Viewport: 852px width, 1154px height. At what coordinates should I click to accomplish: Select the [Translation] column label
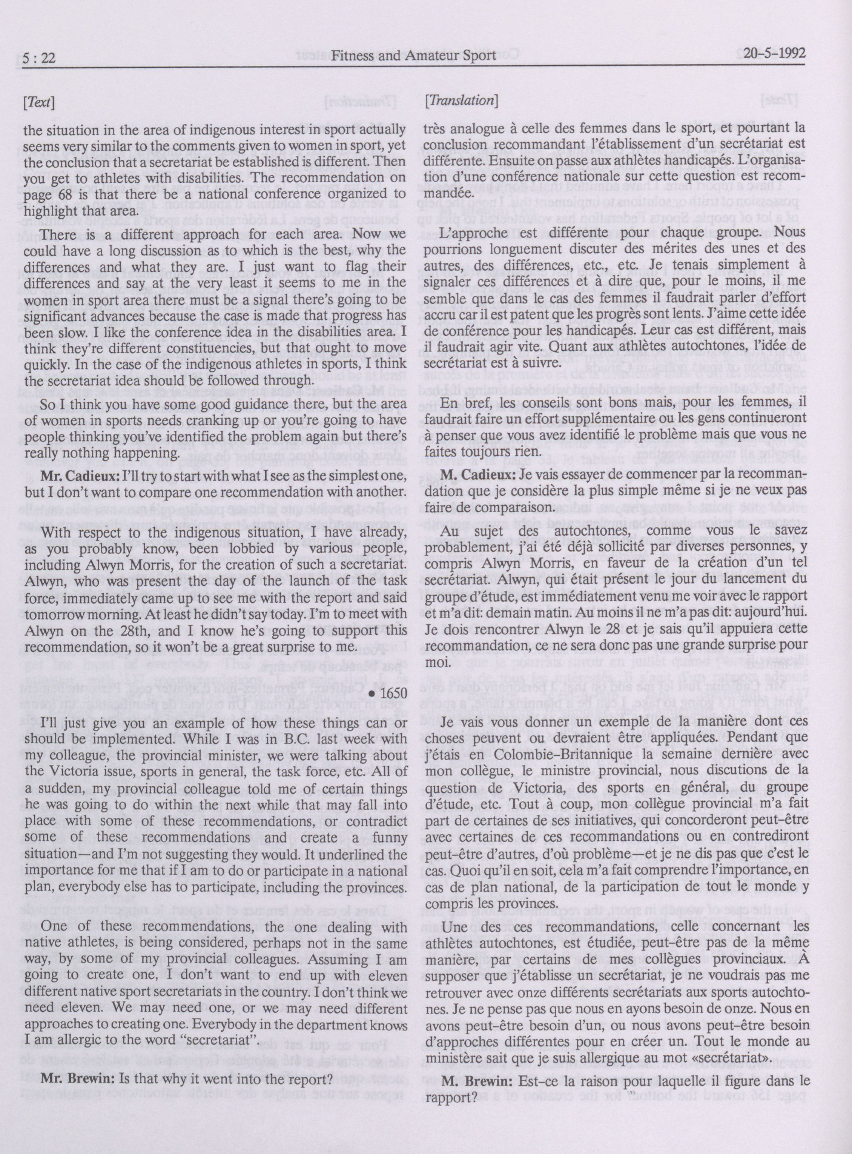[x=461, y=101]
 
